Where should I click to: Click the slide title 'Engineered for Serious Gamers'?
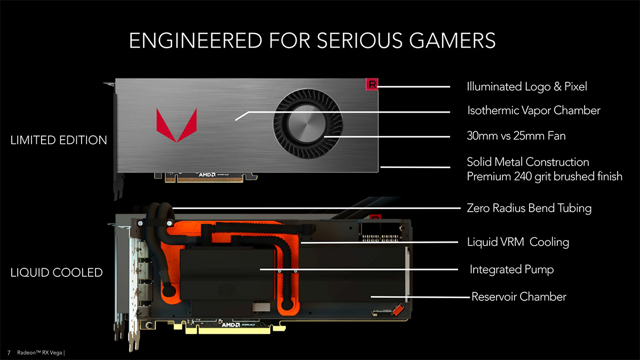(313, 41)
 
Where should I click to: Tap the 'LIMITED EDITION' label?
(59, 141)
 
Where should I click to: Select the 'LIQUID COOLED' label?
(57, 273)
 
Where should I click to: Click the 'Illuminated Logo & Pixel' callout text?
(526, 86)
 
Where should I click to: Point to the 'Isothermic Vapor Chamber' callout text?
(533, 111)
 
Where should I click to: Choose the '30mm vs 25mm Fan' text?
(516, 136)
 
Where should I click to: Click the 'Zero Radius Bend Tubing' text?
(529, 208)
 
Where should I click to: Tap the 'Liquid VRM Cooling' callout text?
(518, 242)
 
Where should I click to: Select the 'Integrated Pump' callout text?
(511, 270)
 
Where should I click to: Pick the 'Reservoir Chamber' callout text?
(518, 297)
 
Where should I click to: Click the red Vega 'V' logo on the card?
(176, 124)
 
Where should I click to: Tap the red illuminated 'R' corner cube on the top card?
(372, 84)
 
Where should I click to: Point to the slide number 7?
(9, 353)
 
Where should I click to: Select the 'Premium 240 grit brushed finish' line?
(544, 177)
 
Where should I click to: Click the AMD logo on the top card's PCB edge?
(207, 174)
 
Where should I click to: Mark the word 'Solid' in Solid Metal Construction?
(479, 162)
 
